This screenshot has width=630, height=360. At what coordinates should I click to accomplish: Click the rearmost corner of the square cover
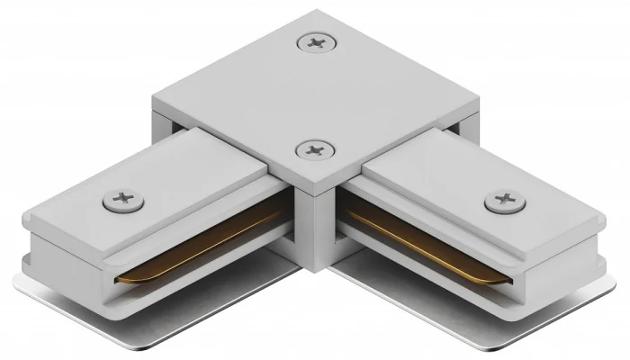pos(317,12)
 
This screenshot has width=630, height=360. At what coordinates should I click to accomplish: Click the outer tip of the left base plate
pos(16,290)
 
